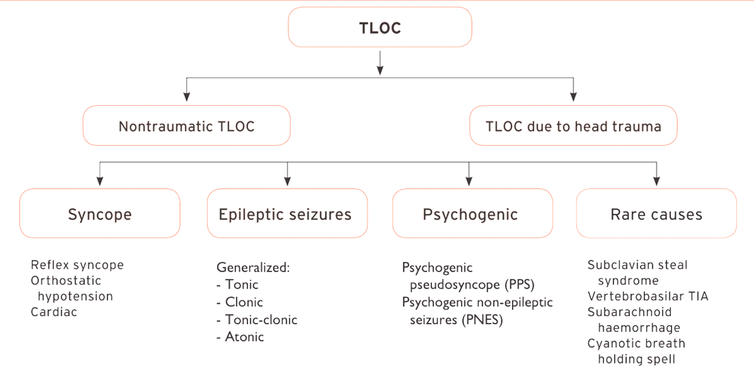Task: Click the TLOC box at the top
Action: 380,27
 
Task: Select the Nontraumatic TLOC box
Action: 187,126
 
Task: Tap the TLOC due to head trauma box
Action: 573,126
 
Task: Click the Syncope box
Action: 100,214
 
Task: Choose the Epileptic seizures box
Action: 287,214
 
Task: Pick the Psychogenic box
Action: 470,214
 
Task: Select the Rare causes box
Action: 656,214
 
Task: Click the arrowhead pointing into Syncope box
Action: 100,182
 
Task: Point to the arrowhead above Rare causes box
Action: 656,182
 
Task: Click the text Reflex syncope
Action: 77,265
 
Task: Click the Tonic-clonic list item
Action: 260,320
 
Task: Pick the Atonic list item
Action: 244,337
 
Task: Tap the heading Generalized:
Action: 253,267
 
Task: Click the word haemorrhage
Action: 639,328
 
